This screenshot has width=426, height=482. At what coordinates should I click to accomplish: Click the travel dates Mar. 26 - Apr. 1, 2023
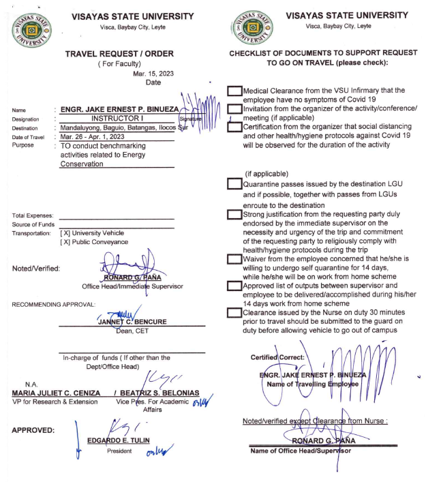(x=95, y=136)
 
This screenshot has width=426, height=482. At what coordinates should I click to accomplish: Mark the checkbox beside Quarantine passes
(x=234, y=184)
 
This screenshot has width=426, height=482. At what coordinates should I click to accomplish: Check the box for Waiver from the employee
(x=234, y=258)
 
